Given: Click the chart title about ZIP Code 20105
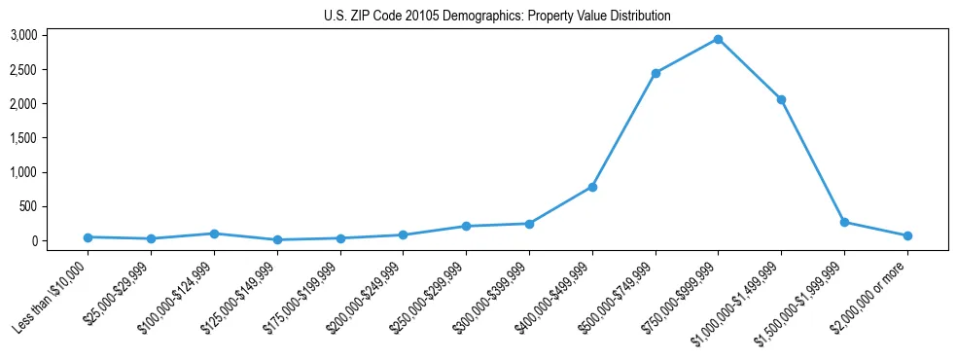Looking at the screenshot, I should click(x=497, y=17).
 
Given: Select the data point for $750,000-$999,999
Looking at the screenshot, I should click(x=718, y=39).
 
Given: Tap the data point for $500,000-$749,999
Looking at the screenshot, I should click(x=656, y=73).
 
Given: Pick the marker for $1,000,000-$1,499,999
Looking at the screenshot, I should click(x=781, y=99).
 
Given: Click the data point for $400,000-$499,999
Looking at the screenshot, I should click(x=592, y=187).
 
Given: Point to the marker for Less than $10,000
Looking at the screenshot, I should click(x=88, y=237).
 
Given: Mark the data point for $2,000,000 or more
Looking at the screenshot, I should click(x=907, y=235).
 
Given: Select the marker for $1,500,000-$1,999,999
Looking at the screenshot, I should click(x=844, y=222).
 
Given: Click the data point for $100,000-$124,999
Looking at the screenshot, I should click(x=214, y=234).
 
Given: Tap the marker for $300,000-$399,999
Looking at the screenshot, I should click(x=529, y=224).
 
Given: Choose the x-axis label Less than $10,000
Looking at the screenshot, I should click(x=52, y=298).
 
